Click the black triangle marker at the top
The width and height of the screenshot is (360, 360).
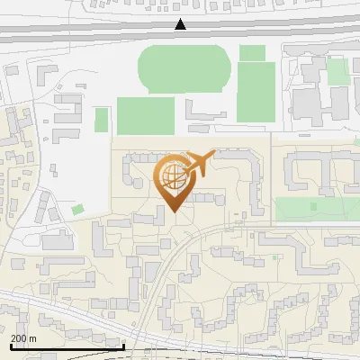coord(180,24)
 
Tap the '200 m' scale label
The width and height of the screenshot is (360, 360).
coord(23,338)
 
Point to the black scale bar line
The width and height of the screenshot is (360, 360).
coord(67,346)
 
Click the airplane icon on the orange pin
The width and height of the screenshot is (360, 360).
coord(197,165)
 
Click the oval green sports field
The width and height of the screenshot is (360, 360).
coord(184,67)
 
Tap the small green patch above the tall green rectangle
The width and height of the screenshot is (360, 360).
coord(252,53)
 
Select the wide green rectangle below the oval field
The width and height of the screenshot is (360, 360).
coord(145,116)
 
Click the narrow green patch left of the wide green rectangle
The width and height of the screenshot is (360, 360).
coord(102,120)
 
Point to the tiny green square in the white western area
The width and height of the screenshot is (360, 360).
coord(77,210)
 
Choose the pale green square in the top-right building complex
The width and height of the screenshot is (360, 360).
coord(337,71)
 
